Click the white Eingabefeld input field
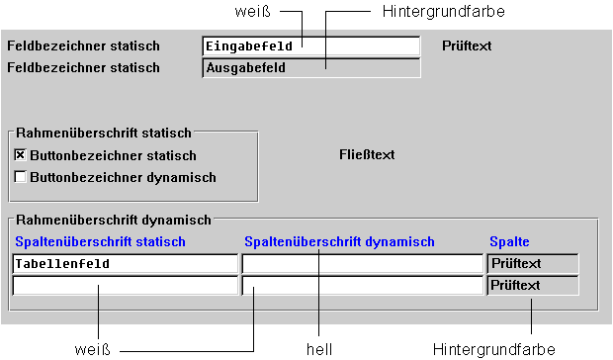(x=310, y=45)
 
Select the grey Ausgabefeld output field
(x=310, y=68)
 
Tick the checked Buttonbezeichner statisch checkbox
(x=20, y=155)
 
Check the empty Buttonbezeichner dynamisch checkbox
(x=20, y=177)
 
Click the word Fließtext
(x=367, y=154)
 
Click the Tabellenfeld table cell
(x=125, y=264)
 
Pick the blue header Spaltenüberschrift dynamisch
(x=339, y=241)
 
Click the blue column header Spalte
(x=509, y=241)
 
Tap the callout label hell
(x=319, y=348)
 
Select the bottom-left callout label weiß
(x=92, y=348)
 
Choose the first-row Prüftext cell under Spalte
(x=532, y=264)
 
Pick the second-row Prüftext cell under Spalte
(x=532, y=286)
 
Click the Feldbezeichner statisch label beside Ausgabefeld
(x=83, y=68)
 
